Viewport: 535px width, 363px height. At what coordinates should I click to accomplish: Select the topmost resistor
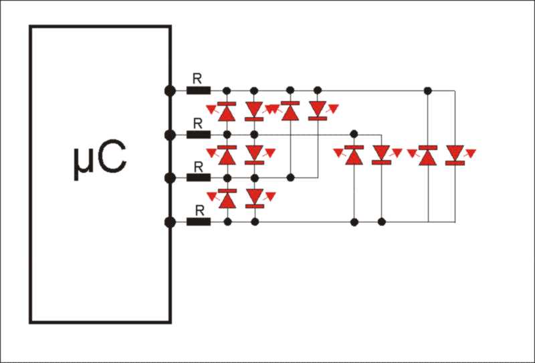click(x=198, y=90)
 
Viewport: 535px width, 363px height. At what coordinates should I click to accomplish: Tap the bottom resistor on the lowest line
click(x=198, y=221)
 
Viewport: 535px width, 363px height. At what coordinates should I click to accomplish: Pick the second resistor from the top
click(x=198, y=135)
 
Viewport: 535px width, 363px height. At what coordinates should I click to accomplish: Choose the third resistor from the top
click(x=198, y=177)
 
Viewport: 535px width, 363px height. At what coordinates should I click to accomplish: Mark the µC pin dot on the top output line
click(x=170, y=90)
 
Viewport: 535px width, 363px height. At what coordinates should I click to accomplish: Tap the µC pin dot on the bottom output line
click(x=170, y=221)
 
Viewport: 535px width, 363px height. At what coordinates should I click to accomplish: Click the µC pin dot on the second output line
click(x=170, y=135)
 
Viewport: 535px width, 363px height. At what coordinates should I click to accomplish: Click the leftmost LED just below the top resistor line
click(x=227, y=111)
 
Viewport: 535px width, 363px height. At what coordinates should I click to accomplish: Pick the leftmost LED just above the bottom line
click(x=227, y=198)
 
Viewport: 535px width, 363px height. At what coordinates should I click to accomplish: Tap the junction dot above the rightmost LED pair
click(x=428, y=90)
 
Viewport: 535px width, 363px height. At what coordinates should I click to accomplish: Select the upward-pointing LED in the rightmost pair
click(x=428, y=155)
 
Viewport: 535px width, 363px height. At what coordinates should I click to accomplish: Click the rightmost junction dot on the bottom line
click(x=382, y=221)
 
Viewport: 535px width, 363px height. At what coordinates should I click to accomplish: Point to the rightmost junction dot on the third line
click(x=290, y=177)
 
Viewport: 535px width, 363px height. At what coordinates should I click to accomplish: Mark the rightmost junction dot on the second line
click(x=354, y=135)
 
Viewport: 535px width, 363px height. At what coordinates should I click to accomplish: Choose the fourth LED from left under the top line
click(x=318, y=111)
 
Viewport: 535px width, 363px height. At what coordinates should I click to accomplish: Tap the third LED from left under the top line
click(x=290, y=111)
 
